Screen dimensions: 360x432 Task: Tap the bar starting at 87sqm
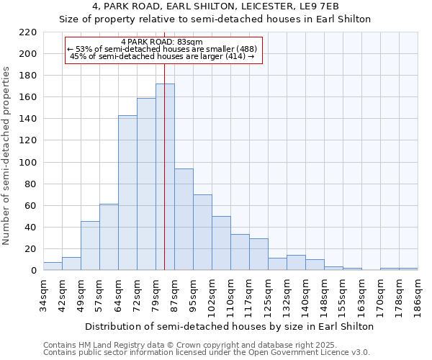click(184, 220)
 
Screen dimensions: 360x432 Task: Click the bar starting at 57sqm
click(109, 237)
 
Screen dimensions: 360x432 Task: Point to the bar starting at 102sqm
click(221, 243)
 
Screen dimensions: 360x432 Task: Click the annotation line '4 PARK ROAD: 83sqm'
click(162, 42)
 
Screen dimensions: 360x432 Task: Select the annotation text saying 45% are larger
click(162, 56)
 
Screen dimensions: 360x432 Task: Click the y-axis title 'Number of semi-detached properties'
click(7, 156)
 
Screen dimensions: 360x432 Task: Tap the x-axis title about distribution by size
click(229, 326)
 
